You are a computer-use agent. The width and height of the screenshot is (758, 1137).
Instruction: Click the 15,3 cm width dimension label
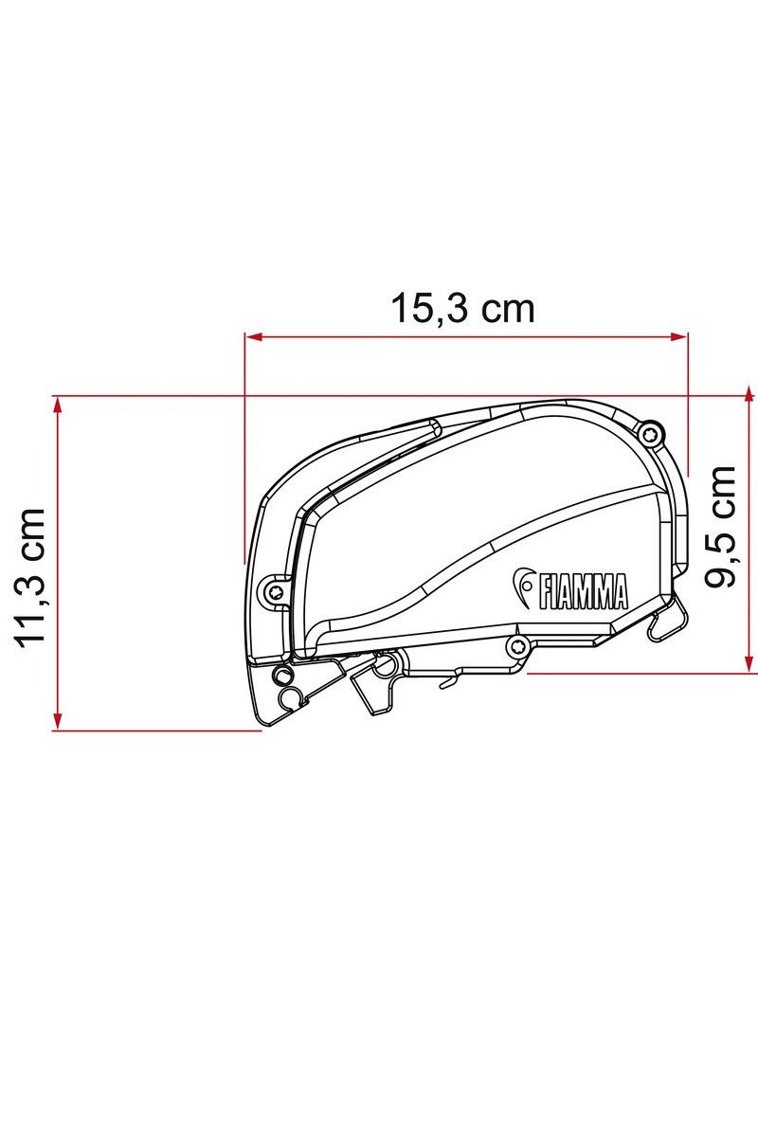[462, 308]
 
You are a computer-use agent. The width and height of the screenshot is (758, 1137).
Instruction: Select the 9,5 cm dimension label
[720, 527]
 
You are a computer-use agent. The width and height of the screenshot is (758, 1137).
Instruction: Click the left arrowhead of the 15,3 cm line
[253, 336]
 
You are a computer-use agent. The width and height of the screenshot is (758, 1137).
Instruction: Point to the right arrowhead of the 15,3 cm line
[679, 336]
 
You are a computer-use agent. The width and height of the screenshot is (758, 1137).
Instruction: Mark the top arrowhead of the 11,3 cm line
[58, 406]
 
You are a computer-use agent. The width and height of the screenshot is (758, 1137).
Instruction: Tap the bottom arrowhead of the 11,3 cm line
[58, 721]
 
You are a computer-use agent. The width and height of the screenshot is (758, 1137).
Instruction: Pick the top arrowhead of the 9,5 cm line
[749, 394]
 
